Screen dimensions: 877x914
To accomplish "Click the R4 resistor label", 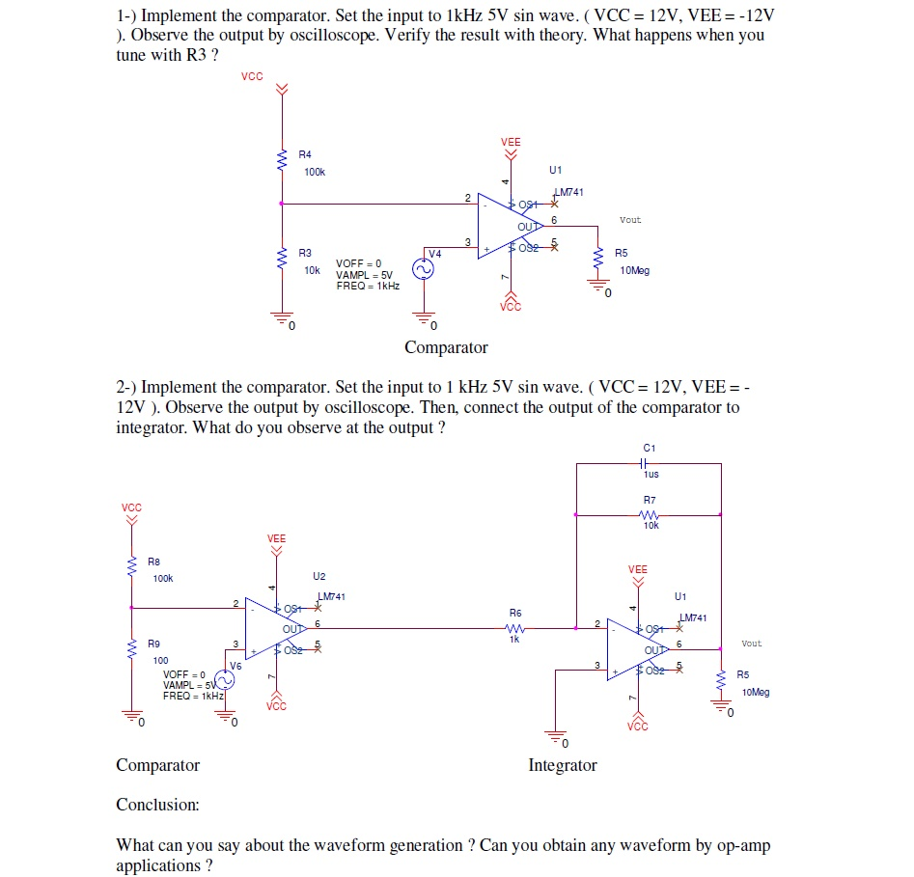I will point(305,154).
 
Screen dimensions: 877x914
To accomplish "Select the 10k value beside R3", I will point(311,271).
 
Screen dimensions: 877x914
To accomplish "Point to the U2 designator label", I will point(319,576).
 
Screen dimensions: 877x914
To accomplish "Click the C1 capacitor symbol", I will point(649,463).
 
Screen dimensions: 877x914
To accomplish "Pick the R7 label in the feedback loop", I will point(649,500).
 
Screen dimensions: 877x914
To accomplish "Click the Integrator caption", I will point(562,765).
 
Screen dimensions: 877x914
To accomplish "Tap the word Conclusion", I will point(157,805).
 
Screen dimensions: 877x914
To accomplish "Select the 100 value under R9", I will point(160,660).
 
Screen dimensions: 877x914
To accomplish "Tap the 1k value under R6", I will point(514,639).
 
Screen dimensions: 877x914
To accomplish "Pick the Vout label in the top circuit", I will point(629,220).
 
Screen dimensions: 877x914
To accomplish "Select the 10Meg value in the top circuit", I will point(635,271).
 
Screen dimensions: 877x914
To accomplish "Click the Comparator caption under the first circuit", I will point(446,347).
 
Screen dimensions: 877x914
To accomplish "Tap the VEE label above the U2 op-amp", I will point(276,538).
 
